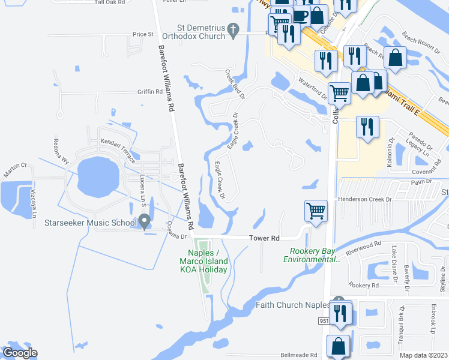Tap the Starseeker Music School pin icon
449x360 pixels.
[145, 223]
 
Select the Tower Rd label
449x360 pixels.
[264, 238]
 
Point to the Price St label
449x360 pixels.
[143, 34]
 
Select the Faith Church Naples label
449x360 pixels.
[293, 305]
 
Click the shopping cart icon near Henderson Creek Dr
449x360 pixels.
[316, 211]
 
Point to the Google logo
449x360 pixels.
[19, 353]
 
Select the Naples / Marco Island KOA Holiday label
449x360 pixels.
[204, 261]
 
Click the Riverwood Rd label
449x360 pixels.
[366, 245]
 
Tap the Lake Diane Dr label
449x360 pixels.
[395, 262]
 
